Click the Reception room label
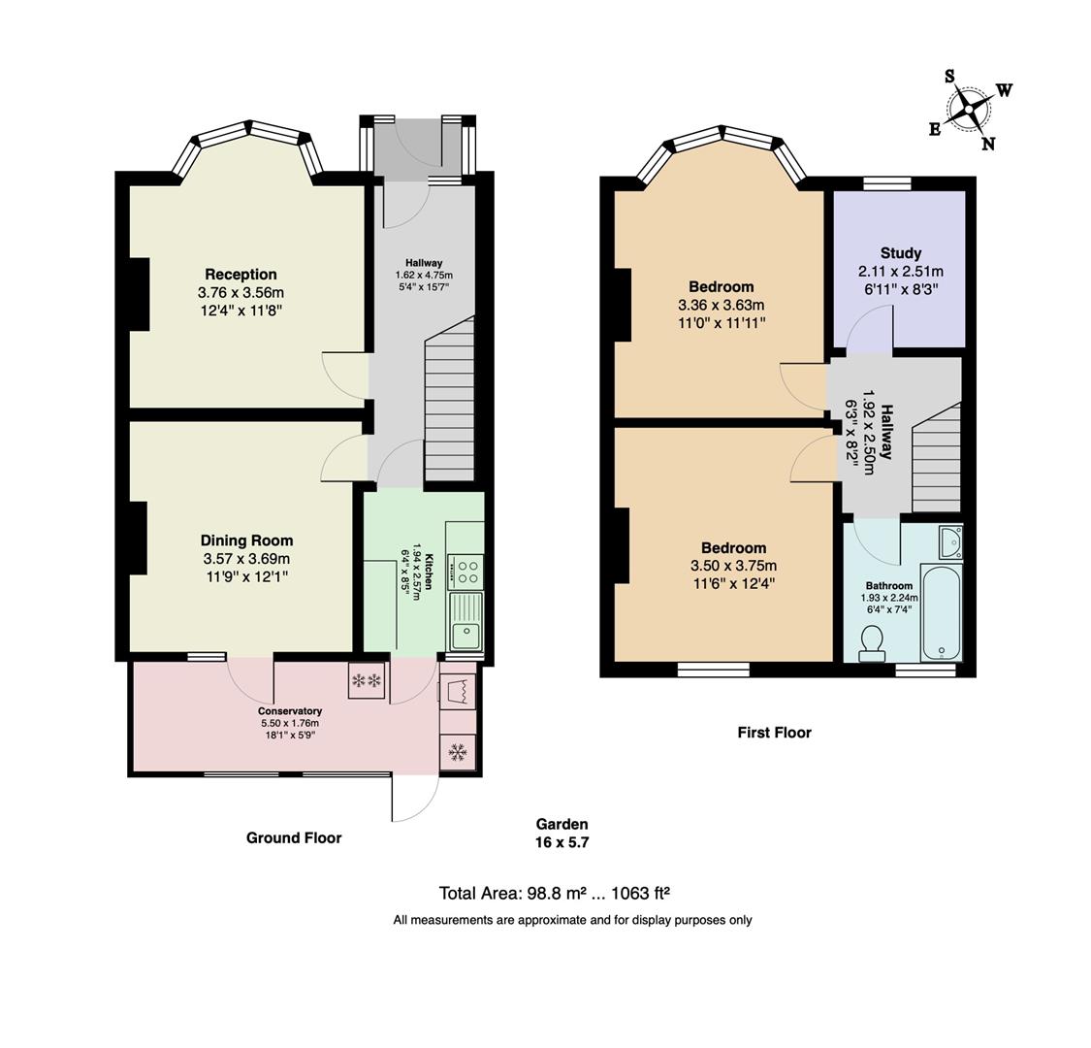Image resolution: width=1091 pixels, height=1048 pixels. click(x=241, y=275)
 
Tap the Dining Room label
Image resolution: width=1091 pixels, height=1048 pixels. click(x=246, y=540)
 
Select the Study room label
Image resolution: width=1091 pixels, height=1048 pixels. click(x=900, y=253)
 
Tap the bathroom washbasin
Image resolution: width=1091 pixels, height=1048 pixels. click(x=949, y=541)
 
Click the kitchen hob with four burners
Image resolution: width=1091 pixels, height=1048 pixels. click(x=465, y=570)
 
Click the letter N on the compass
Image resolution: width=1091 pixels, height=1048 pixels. click(x=988, y=144)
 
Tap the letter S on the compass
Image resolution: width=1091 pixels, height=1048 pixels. click(x=949, y=77)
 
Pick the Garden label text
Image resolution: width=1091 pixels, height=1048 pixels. click(x=562, y=824)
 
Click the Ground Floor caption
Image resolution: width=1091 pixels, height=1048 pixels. click(x=294, y=837)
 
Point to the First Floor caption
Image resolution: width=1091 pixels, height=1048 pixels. click(x=774, y=733)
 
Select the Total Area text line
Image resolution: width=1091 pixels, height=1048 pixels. click(x=555, y=893)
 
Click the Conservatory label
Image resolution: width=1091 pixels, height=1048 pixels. click(x=290, y=711)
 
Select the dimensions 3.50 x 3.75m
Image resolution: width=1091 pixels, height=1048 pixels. click(x=733, y=566)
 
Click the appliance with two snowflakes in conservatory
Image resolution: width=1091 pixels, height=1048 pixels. click(x=367, y=680)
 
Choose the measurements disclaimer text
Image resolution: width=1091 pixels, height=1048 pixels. click(x=572, y=920)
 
